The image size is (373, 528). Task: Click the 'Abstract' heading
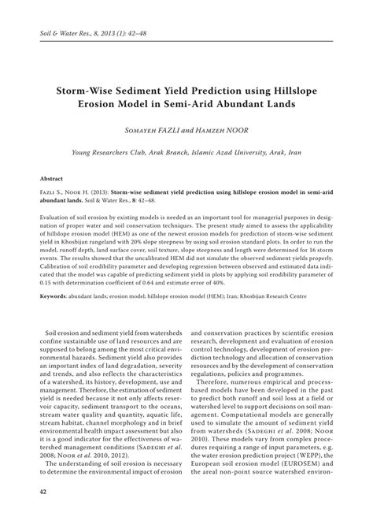tap(52, 179)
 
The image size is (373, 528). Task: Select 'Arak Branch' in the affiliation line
tap(167, 152)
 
